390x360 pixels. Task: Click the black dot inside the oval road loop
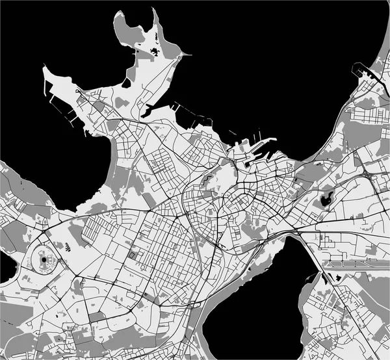[x=44, y=259]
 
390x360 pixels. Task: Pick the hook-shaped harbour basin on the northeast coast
[x=361, y=70]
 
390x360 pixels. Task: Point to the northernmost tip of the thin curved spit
[x=155, y=9]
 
